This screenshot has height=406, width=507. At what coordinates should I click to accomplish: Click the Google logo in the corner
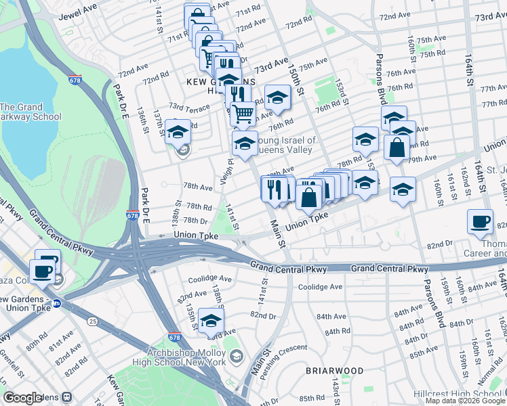click(22, 398)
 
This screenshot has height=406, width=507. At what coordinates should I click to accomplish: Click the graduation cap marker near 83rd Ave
click(211, 319)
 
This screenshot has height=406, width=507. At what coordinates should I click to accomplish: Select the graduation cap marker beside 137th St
click(178, 132)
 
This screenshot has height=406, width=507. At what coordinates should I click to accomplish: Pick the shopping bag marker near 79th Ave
click(397, 147)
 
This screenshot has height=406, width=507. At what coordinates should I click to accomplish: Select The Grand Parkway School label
click(31, 112)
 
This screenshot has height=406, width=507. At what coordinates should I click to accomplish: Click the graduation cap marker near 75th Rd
click(277, 97)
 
